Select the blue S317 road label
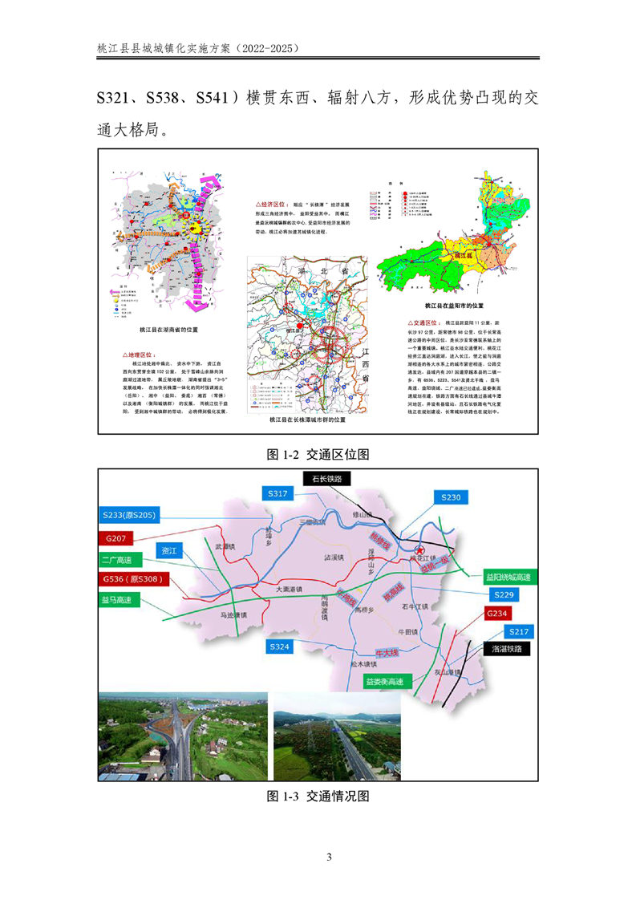pos(277,494)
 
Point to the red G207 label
pos(118,537)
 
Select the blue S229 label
pos(504,594)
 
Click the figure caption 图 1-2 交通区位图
pos(318,454)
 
